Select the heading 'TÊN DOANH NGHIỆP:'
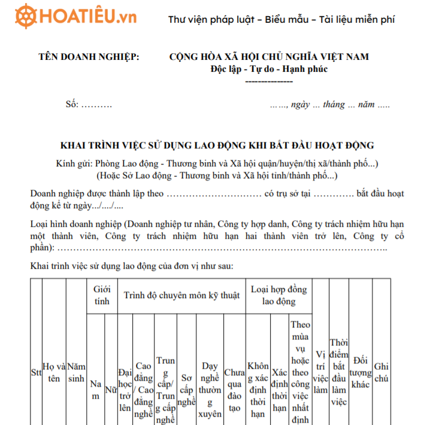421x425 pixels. [89, 57]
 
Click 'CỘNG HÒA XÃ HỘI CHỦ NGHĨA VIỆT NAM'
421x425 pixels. [269, 57]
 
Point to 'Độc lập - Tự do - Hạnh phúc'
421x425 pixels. [269, 69]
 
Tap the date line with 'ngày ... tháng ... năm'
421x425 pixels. [330, 104]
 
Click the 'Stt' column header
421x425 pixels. [35, 372]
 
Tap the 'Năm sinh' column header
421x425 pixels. [76, 372]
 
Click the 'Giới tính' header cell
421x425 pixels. [102, 295]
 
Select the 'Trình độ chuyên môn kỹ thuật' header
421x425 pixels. [181, 295]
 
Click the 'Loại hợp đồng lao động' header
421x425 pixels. [278, 295]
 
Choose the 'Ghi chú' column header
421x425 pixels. [381, 372]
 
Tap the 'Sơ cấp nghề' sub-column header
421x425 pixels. [187, 390]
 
